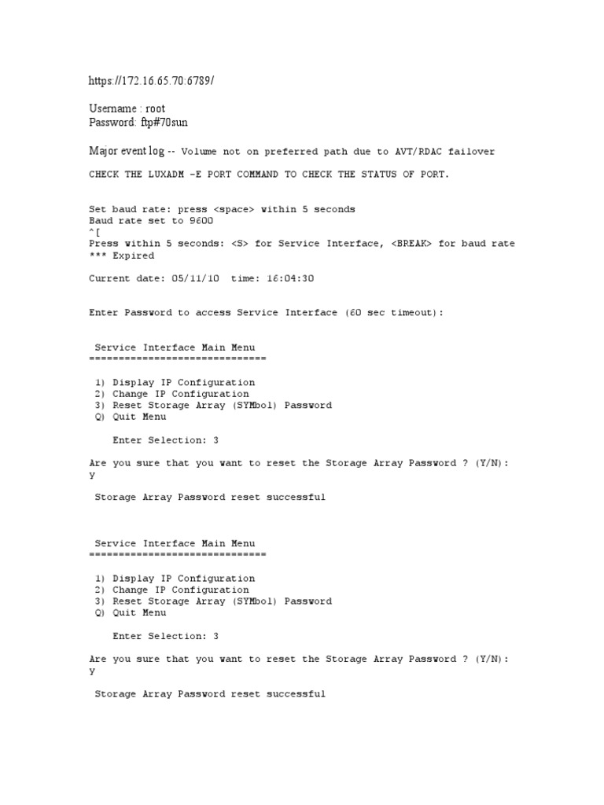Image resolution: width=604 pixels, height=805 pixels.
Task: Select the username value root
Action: click(x=156, y=108)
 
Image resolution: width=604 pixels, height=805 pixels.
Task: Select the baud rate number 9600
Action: click(x=201, y=221)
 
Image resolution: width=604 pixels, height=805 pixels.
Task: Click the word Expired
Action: click(x=133, y=255)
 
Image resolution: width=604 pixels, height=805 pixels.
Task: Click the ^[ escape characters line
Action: click(x=94, y=232)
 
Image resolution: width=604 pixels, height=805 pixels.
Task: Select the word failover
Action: click(x=471, y=152)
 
